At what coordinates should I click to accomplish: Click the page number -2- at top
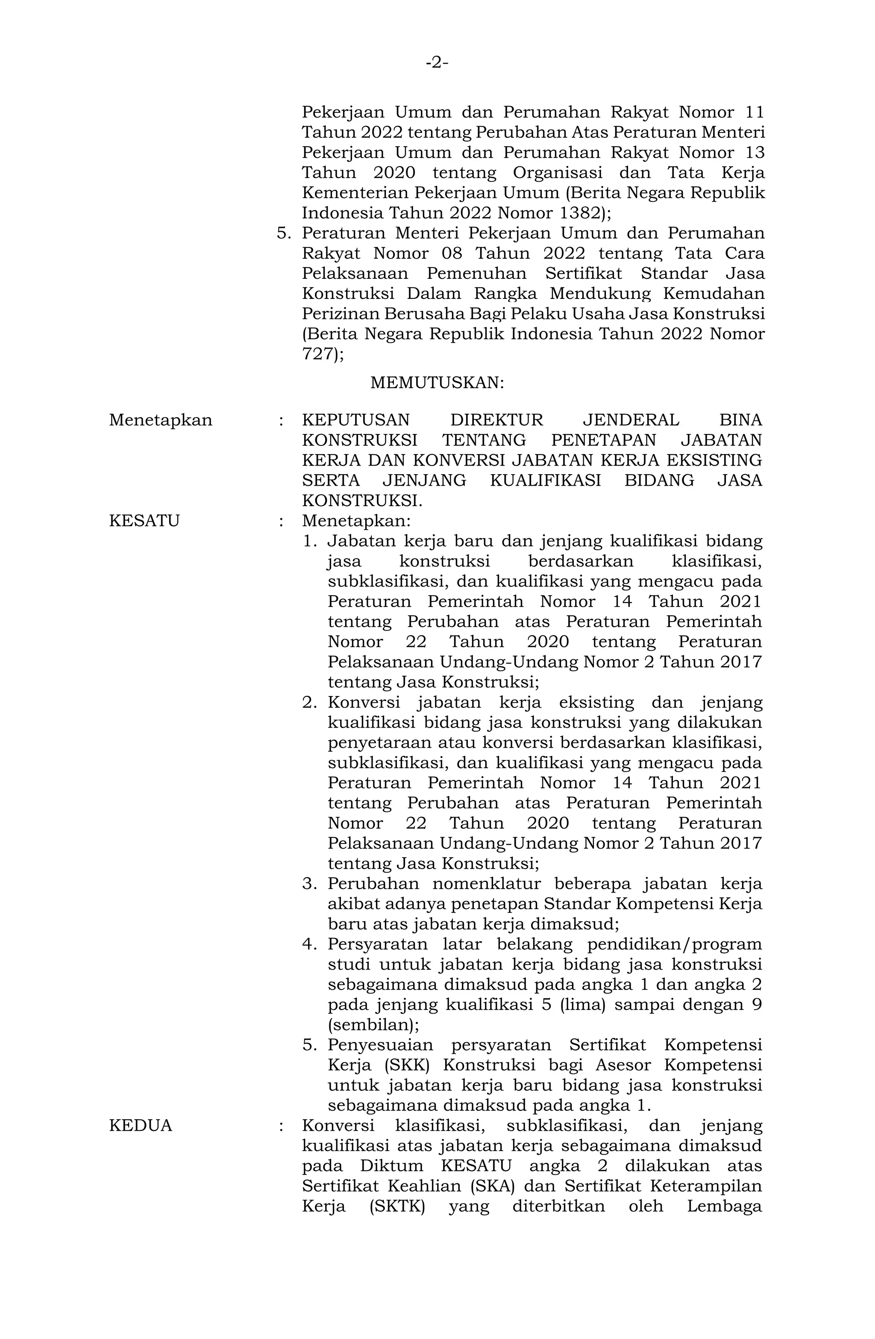[437, 62]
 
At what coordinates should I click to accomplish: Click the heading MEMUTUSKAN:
[437, 383]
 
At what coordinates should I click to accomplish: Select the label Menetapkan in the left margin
[161, 420]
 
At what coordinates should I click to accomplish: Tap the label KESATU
[144, 521]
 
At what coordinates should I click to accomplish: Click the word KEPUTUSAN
[356, 420]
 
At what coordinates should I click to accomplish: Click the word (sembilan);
[373, 1025]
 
